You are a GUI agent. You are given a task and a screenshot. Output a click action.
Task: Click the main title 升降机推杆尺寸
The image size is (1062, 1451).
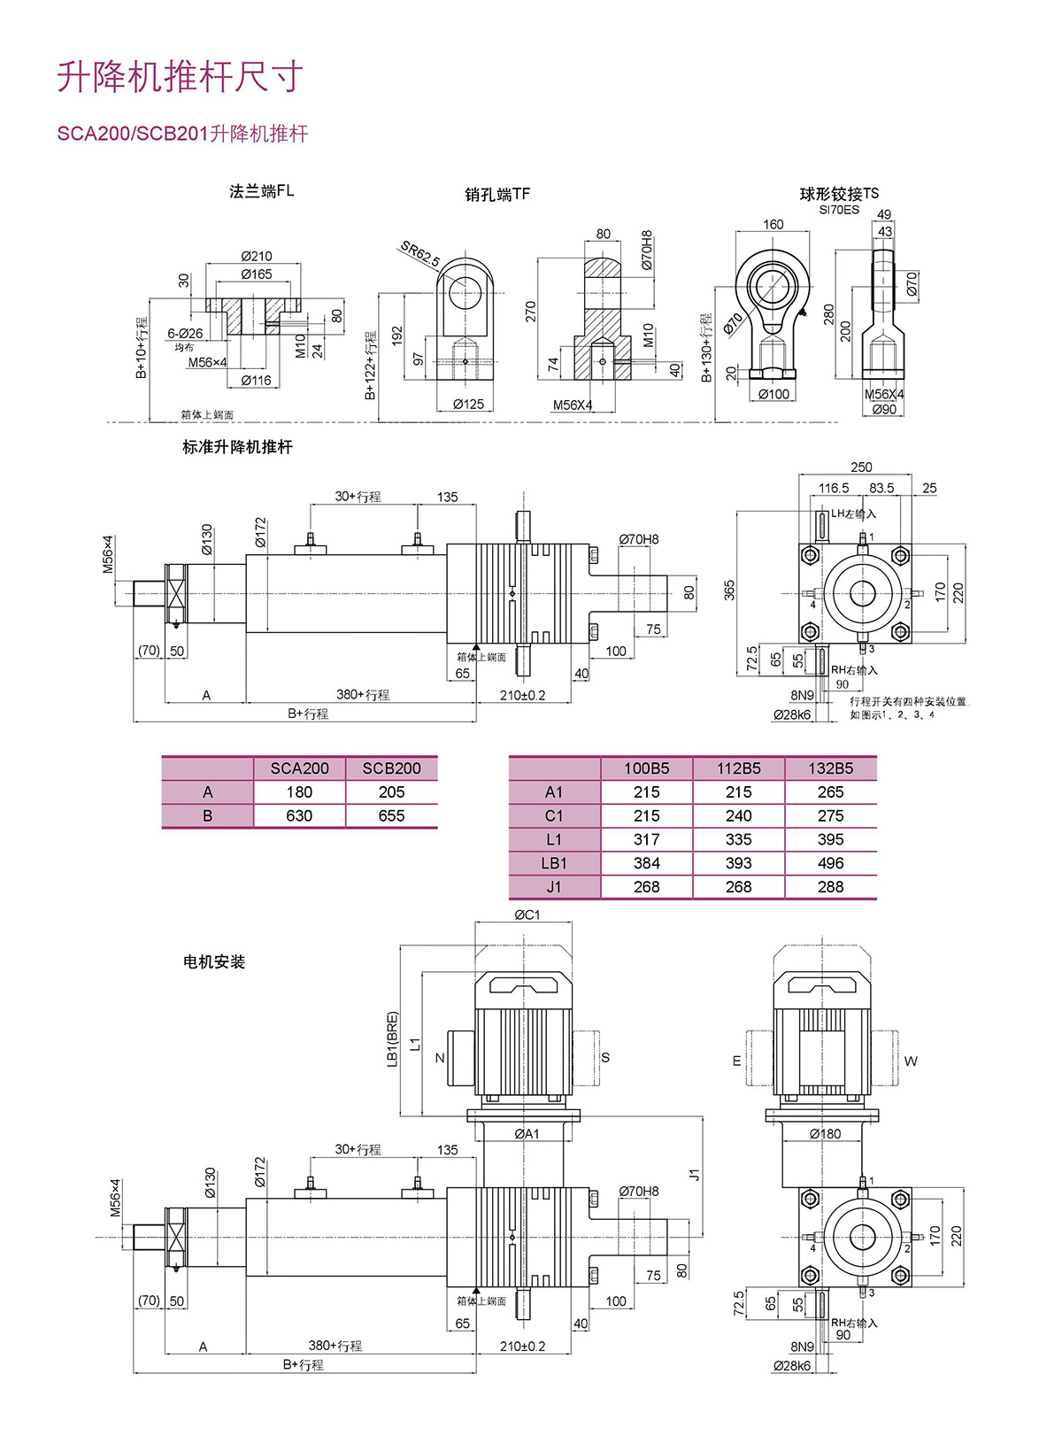[181, 77]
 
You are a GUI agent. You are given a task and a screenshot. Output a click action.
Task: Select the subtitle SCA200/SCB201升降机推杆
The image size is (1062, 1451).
[182, 134]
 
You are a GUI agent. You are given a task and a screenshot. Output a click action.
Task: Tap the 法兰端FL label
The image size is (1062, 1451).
[261, 191]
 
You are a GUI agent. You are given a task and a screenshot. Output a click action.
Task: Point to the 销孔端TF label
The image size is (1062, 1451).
[497, 194]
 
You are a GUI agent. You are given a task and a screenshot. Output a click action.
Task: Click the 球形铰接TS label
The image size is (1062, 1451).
[839, 194]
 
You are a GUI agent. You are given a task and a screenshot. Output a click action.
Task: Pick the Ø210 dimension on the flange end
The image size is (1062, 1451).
[257, 257]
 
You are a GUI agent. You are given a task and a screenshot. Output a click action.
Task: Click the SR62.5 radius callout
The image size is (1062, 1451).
[419, 254]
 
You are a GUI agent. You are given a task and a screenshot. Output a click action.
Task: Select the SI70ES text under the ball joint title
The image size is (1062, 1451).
[838, 211]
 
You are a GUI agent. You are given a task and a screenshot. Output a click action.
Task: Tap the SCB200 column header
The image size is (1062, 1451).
[391, 768]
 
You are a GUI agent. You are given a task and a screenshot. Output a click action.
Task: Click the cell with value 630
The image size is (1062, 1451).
[299, 815]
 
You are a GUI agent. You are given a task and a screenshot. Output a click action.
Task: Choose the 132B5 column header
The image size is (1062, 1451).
[830, 768]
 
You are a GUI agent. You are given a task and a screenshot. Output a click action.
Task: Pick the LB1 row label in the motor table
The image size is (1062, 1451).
[554, 863]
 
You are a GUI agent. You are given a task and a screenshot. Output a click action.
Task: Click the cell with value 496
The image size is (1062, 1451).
[830, 863]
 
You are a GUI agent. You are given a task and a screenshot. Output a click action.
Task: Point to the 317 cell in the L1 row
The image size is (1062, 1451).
[646, 839]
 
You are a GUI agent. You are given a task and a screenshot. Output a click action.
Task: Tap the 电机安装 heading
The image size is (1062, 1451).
[214, 961]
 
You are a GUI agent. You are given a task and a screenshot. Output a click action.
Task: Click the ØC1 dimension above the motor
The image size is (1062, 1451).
[527, 915]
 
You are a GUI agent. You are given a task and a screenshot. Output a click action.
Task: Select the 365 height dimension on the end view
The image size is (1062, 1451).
[729, 590]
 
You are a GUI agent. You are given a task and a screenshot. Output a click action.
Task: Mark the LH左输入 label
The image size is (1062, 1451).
[853, 513]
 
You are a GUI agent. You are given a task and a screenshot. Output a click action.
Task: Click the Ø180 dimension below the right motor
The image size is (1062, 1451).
[825, 1133]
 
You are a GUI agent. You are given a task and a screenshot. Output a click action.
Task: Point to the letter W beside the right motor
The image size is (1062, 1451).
[911, 1061]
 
